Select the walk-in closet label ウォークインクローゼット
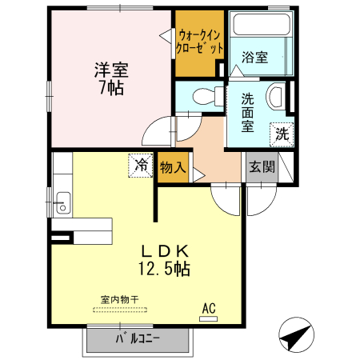coord(200,41)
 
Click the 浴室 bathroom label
coord(255,58)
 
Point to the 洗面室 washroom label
coord(247,112)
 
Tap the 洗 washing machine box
coord(282,134)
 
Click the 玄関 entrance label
coord(262,167)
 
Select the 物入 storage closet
coord(174,168)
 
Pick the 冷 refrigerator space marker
coord(141,166)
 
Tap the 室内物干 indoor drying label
coord(119,298)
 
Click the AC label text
coord(209,308)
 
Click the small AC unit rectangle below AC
coord(209,318)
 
